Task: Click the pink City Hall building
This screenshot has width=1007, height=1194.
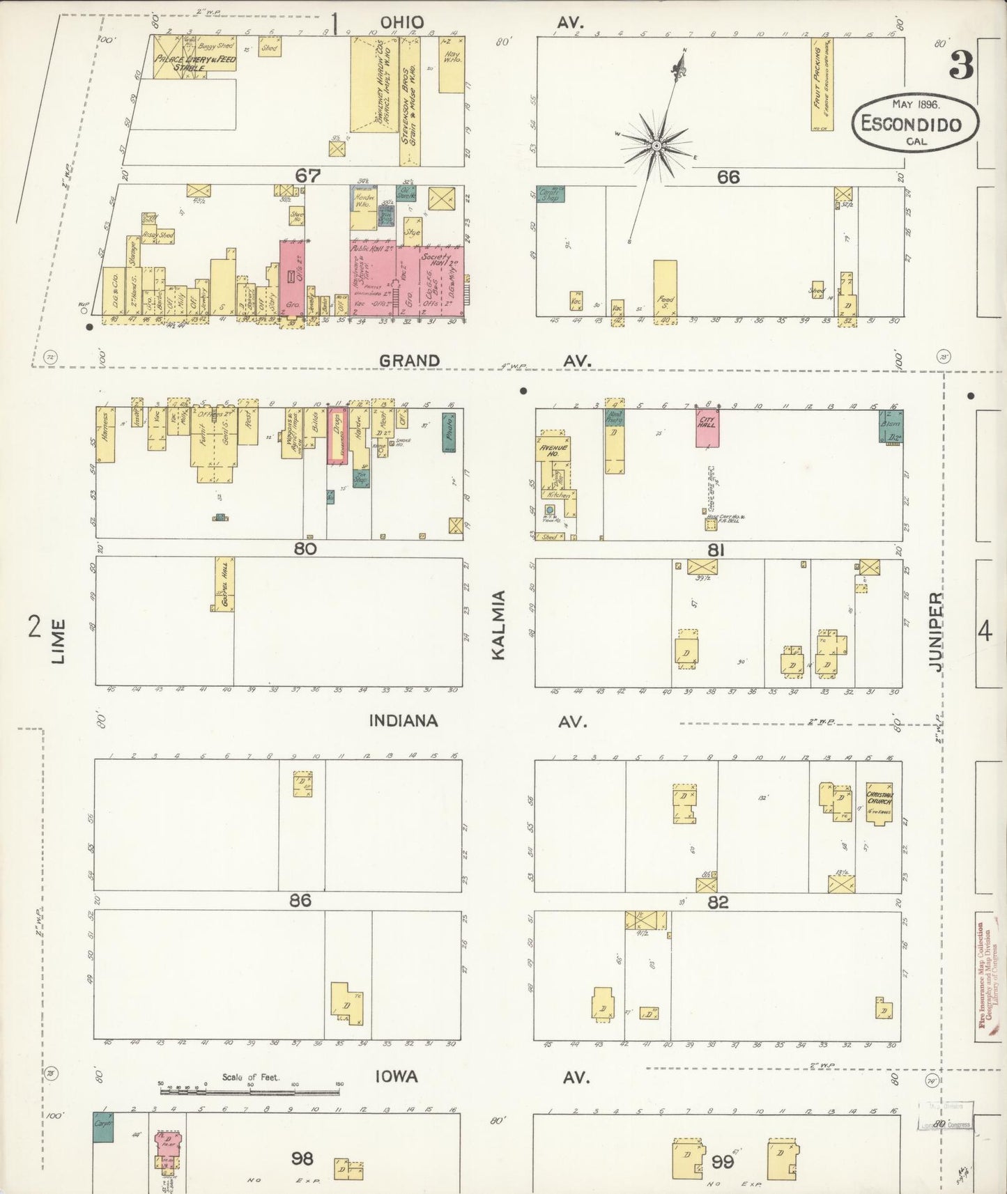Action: coord(707,428)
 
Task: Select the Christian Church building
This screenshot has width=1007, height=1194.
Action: coord(879,803)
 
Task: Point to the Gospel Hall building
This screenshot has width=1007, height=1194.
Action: coord(224,584)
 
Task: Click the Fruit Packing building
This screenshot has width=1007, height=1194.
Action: coord(822,84)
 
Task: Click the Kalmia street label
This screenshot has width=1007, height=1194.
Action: coord(499,624)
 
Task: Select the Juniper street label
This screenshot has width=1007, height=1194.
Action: coord(935,631)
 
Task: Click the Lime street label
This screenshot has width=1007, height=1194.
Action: coord(59,641)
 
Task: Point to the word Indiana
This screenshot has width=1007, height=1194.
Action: coord(403,721)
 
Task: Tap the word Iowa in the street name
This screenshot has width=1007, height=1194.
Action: coord(397,1077)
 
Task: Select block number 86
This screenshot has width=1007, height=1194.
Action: coord(300,901)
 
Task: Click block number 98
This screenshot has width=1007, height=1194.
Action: coord(302,1158)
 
